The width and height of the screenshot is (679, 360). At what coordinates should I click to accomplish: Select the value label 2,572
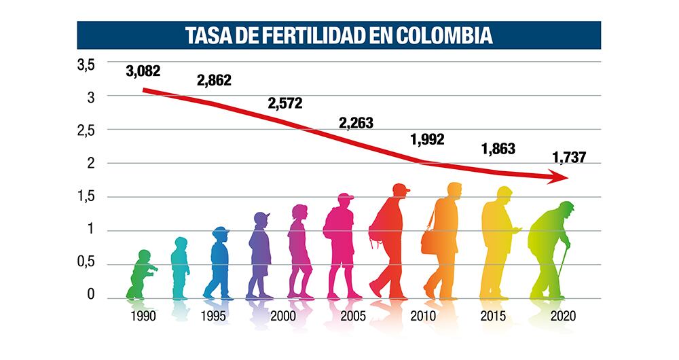(285, 104)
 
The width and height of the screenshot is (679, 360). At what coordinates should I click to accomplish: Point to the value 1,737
(569, 158)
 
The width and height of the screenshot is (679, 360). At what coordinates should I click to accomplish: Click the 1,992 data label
(427, 140)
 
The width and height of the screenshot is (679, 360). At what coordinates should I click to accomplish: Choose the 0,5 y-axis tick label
(85, 264)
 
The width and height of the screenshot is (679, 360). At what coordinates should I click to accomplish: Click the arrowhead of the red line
(561, 178)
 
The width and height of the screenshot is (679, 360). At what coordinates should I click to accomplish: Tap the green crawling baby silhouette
(141, 275)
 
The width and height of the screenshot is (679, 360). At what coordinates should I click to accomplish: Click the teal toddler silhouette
(180, 268)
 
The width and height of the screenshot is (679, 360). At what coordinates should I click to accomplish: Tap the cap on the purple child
(262, 217)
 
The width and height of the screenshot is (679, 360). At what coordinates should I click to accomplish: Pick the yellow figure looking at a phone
(497, 245)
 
